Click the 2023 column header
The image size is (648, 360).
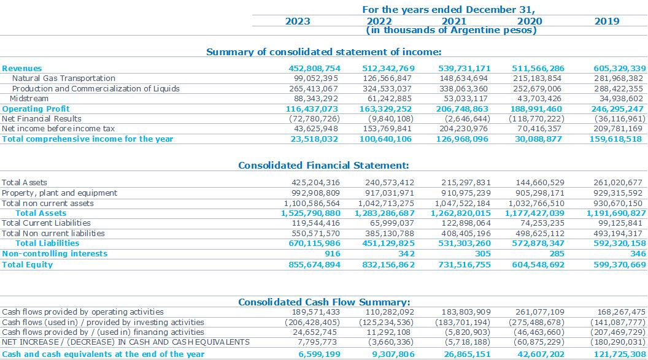pos(298,21)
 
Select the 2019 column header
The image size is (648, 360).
pos(607,21)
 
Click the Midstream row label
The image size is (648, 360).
pos(29,99)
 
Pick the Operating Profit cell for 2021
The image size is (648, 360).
pos(462,109)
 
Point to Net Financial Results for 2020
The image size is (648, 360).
pos(536,119)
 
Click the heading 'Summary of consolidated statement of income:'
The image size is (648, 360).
pos(323,52)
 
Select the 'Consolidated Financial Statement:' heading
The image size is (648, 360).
pos(323,166)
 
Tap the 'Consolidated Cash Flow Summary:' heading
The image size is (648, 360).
pos(324,302)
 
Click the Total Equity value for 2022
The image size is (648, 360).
pos(388,264)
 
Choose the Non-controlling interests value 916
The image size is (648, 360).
pos(333,254)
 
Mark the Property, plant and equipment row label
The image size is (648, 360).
pos(60,193)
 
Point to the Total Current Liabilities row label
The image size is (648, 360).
pos(46,223)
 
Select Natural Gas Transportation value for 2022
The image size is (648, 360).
pos(387,79)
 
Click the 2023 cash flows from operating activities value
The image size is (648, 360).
pos(316,312)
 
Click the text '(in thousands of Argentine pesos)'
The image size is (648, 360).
pos(451,31)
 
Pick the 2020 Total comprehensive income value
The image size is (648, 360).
pos(539,139)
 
